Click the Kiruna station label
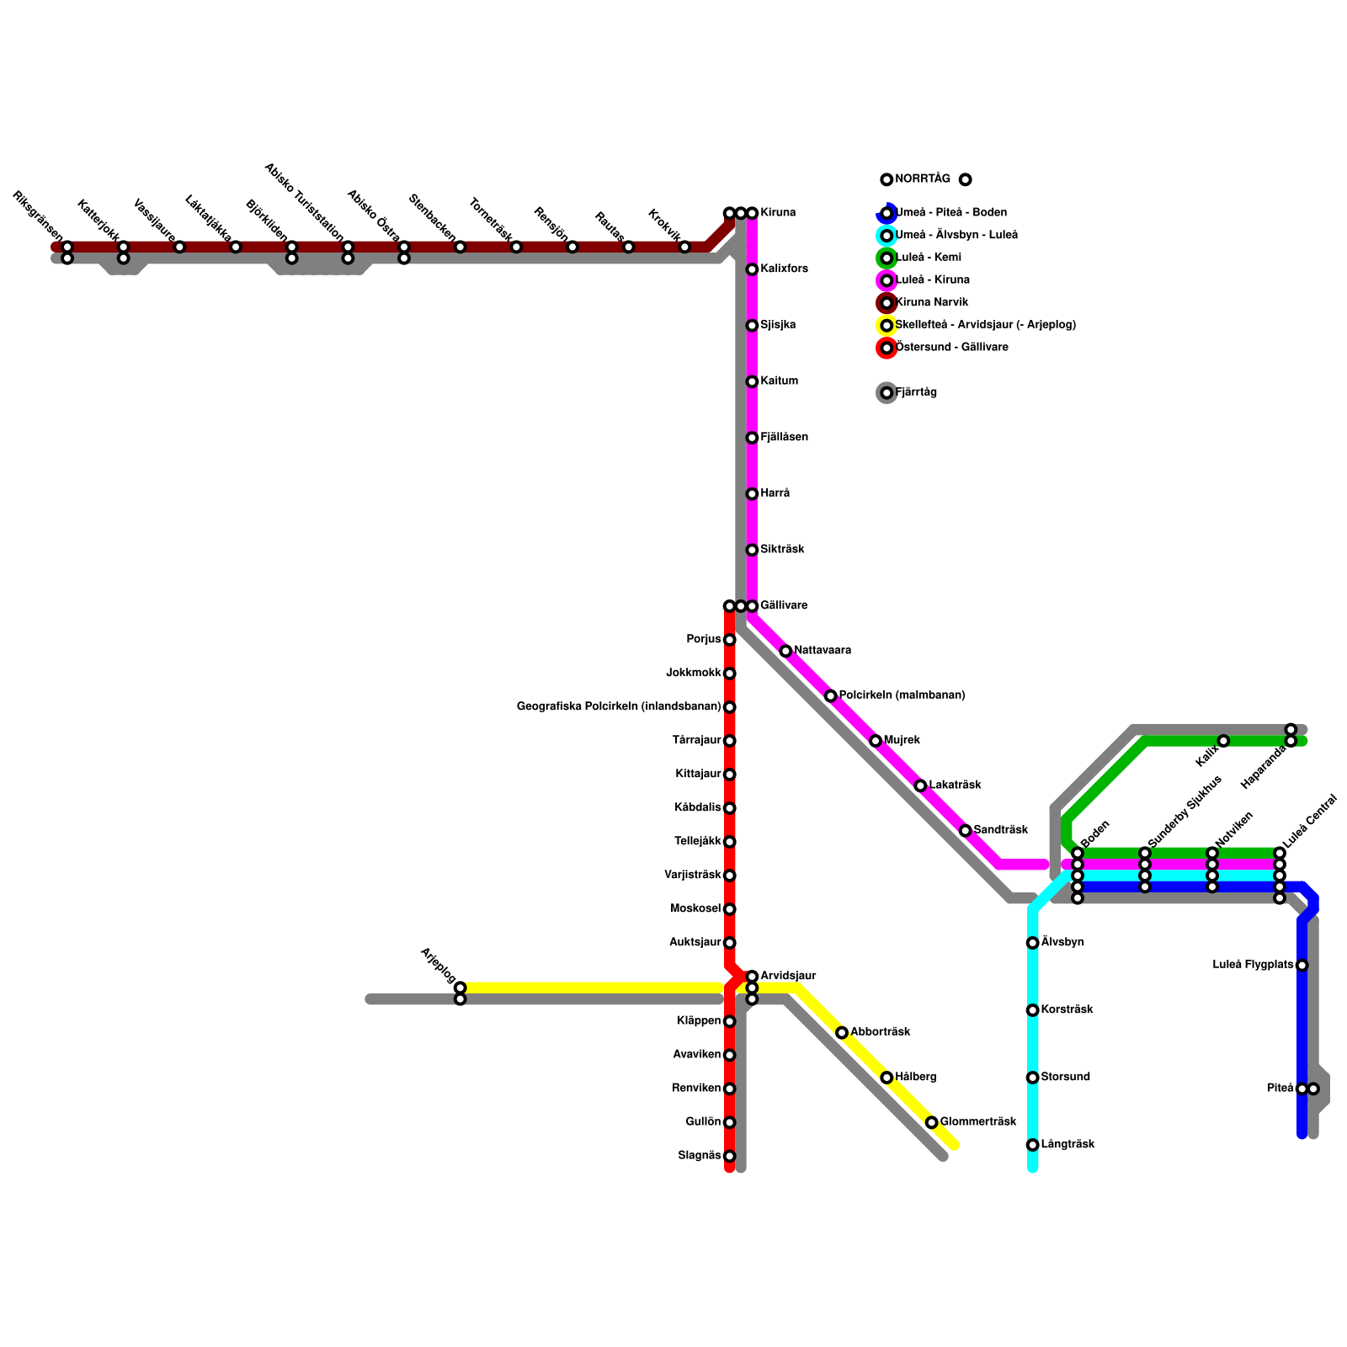778,213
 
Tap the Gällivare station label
784,605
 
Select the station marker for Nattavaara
785,651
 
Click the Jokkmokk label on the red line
694,673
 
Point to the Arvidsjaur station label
788,976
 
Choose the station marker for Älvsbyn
1032,943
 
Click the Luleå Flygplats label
1253,965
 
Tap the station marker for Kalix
1223,741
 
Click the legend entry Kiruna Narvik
932,302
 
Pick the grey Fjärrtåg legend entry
916,392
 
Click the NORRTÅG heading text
923,179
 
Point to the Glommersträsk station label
978,1121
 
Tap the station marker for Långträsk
1032,1145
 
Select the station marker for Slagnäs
729,1156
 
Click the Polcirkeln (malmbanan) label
902,695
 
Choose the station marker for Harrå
752,493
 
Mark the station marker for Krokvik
684,247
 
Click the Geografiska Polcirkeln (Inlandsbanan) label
619,706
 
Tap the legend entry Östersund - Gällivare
951,347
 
